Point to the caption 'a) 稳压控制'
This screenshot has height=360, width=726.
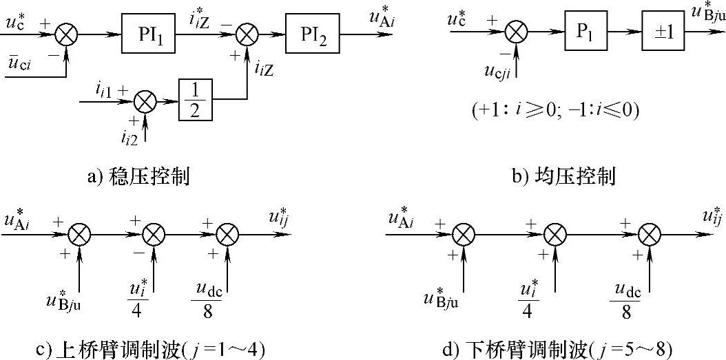(x=138, y=176)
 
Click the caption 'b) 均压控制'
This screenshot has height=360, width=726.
(x=563, y=176)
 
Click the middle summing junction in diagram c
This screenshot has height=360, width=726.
(x=154, y=235)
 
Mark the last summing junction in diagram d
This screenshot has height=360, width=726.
(x=647, y=235)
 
